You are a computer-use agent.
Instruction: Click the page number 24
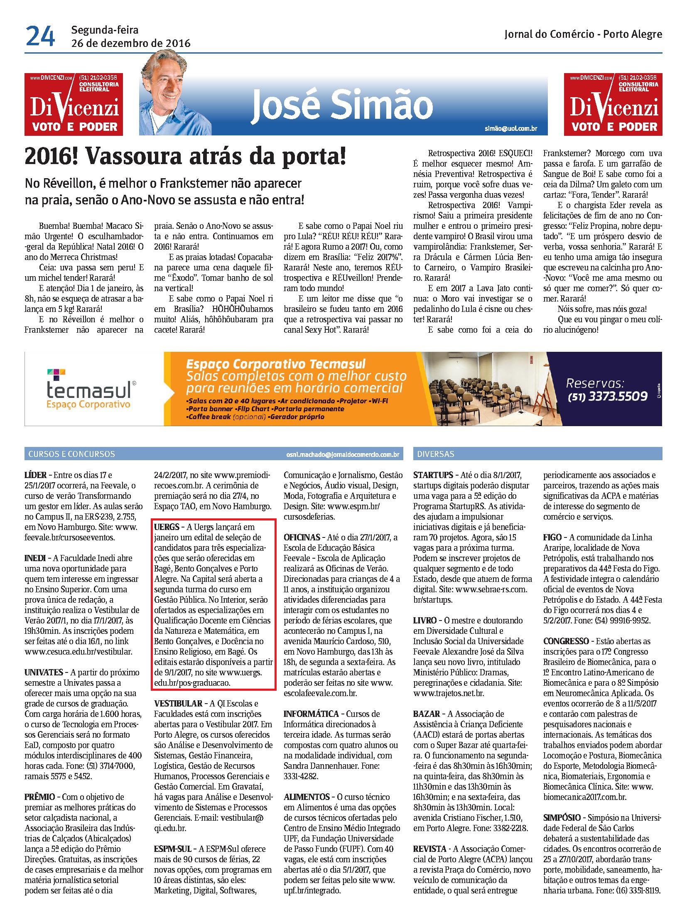pyautogui.click(x=40, y=37)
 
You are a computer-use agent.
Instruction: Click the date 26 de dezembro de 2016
pyautogui.click(x=130, y=43)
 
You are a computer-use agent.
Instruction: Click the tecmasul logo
pyautogui.click(x=89, y=390)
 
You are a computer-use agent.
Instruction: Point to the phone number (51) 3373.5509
pyautogui.click(x=607, y=396)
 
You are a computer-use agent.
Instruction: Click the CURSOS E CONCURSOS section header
pyautogui.click(x=71, y=454)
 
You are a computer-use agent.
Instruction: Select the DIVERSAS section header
pyautogui.click(x=436, y=454)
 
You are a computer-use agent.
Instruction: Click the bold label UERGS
pyautogui.click(x=167, y=527)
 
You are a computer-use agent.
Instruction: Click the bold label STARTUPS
pyautogui.click(x=433, y=475)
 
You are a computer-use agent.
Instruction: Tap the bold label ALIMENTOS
pyautogui.click(x=307, y=797)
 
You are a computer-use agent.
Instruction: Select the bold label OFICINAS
pyautogui.click(x=302, y=537)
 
